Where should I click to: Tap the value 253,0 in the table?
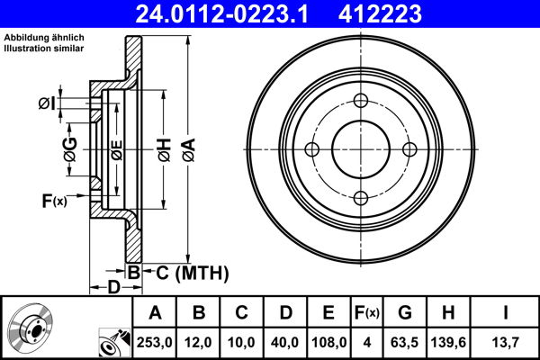click(x=154, y=342)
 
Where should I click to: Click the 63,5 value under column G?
click(x=406, y=342)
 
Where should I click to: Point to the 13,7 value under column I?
click(x=506, y=342)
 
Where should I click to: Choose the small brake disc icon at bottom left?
click(x=32, y=329)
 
